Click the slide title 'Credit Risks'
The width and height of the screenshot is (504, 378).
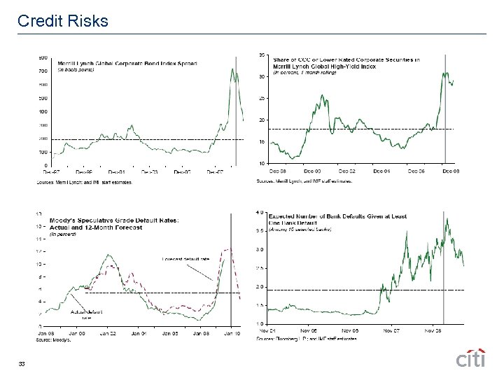pos(63,21)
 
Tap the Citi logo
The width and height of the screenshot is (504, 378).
pos(471,358)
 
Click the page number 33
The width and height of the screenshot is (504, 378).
pos(22,363)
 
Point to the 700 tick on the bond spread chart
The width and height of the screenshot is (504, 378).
pos(42,71)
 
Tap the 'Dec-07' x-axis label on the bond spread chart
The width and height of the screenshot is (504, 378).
pos(215,170)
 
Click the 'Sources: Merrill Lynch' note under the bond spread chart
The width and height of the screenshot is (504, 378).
pos(83,182)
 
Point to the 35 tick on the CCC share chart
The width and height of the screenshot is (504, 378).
pos(262,55)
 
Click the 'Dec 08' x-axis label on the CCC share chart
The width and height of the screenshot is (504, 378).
pos(454,170)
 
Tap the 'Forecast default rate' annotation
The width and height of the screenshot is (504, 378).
pos(185,259)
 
